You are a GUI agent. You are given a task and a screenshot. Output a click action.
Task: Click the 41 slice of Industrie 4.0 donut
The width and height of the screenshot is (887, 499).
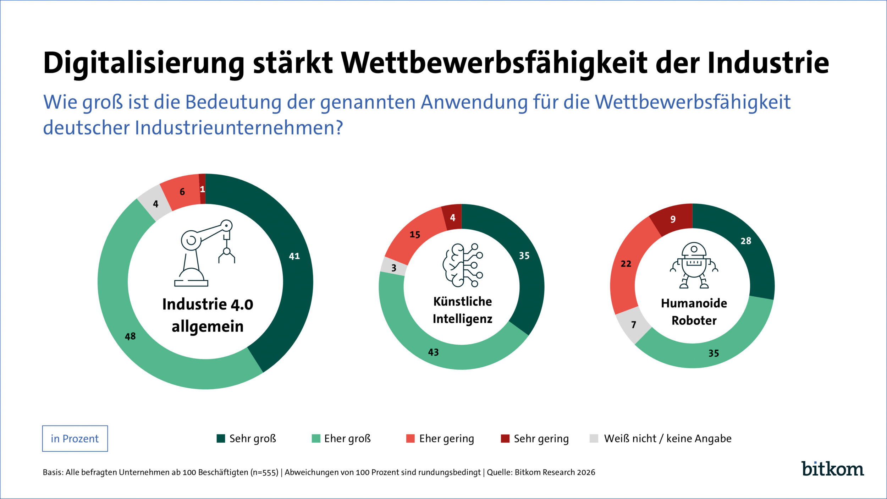click(x=294, y=256)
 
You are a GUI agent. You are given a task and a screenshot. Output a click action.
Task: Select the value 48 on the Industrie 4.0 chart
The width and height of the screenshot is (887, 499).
click(x=130, y=336)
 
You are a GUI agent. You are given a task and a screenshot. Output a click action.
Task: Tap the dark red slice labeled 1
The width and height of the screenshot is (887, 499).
click(x=202, y=189)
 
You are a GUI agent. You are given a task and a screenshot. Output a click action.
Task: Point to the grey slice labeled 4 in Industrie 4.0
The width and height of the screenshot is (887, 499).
click(x=155, y=204)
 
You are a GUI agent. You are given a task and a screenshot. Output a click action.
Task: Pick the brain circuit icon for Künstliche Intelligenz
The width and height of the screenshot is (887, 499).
click(x=462, y=265)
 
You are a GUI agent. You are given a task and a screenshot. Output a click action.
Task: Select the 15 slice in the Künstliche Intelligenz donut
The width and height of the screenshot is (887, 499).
click(x=415, y=235)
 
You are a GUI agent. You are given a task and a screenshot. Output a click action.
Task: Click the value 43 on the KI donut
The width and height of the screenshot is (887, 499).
click(x=433, y=352)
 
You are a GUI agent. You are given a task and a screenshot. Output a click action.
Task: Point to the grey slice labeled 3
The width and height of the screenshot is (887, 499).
click(x=394, y=268)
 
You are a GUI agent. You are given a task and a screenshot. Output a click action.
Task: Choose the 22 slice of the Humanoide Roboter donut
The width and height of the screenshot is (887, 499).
click(x=626, y=264)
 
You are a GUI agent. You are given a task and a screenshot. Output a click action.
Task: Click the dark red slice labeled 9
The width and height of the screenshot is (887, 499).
click(x=673, y=219)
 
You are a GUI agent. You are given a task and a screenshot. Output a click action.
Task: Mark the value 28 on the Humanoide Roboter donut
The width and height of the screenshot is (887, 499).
click(x=745, y=241)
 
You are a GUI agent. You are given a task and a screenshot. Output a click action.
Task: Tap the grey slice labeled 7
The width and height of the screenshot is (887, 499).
click(x=634, y=324)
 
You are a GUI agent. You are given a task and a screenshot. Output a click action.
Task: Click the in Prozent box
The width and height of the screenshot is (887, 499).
click(x=75, y=439)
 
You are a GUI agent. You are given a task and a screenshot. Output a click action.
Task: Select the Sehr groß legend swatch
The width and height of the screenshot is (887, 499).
click(x=221, y=439)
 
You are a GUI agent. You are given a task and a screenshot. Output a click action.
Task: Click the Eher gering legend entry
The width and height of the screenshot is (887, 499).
click(x=440, y=439)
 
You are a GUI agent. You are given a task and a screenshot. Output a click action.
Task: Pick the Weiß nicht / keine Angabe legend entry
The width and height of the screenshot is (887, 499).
click(x=660, y=439)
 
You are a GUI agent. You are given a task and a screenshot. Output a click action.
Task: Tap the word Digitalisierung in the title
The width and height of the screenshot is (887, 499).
click(x=144, y=63)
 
